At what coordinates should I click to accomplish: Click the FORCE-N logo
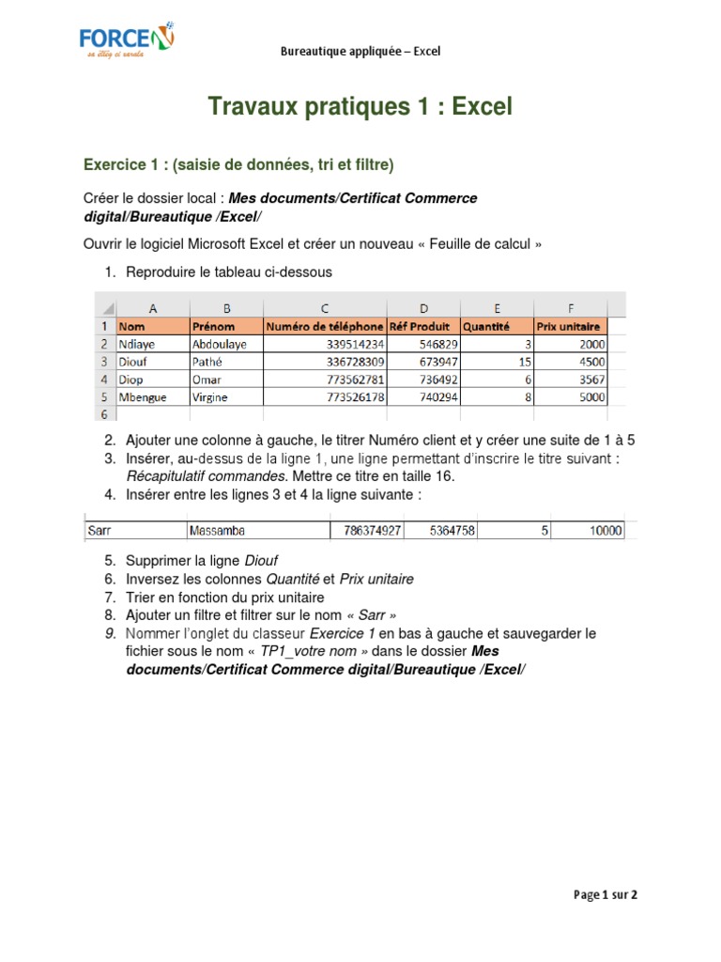point(125,41)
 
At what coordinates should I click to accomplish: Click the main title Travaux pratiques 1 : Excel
point(360,107)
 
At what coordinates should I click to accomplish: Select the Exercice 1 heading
point(238,165)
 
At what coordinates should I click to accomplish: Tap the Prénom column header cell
point(225,327)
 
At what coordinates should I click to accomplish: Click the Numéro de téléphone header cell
point(325,327)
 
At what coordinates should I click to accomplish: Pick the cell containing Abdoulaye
point(225,344)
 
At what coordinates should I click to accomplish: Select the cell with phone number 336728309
point(325,362)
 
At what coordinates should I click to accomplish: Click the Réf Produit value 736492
point(423,380)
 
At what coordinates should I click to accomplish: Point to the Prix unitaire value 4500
point(570,362)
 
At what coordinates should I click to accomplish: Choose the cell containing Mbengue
point(152,397)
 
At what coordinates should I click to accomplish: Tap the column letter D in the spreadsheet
point(423,308)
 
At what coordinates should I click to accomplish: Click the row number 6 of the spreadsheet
point(103,414)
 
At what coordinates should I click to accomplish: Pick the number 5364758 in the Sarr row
point(451,531)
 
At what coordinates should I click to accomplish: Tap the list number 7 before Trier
point(109,597)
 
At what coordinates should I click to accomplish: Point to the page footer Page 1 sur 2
point(606,895)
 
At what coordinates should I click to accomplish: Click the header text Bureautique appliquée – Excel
point(360,52)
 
